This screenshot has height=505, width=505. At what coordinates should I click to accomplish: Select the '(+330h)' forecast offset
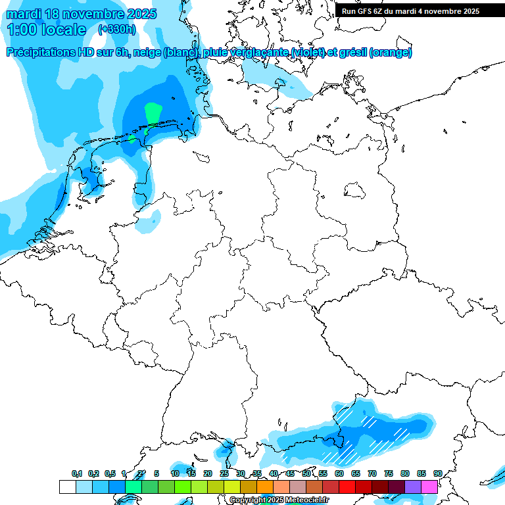pyautogui.click(x=116, y=30)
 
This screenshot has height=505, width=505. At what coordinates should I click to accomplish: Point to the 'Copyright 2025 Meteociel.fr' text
pyautogui.click(x=279, y=500)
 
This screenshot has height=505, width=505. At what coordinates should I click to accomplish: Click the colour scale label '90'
pyautogui.click(x=437, y=474)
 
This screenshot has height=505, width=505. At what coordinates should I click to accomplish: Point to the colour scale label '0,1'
pyautogui.click(x=77, y=474)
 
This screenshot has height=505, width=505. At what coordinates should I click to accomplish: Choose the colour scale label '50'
pyautogui.click(x=306, y=474)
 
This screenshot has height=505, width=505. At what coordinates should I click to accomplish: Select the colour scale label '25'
pyautogui.click(x=224, y=474)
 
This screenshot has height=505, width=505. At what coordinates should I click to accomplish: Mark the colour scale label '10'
pyautogui.click(x=175, y=474)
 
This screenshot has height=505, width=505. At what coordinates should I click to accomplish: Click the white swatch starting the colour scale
pyautogui.click(x=67, y=487)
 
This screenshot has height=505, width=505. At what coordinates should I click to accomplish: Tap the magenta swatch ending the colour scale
pyautogui.click(x=429, y=487)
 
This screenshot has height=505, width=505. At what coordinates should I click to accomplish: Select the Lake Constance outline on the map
pyautogui.click(x=226, y=450)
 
